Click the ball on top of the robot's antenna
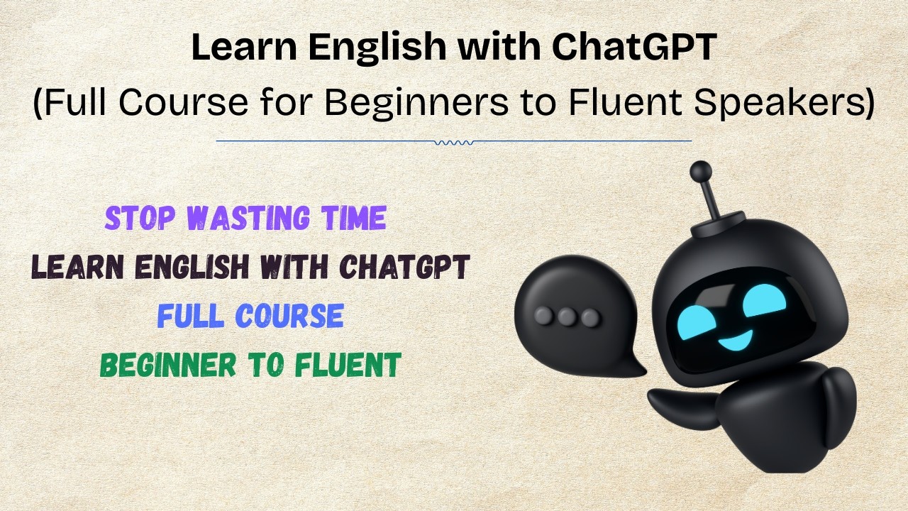pos(701,171)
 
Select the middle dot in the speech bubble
pos(567,317)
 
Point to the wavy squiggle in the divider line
pos(454,142)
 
